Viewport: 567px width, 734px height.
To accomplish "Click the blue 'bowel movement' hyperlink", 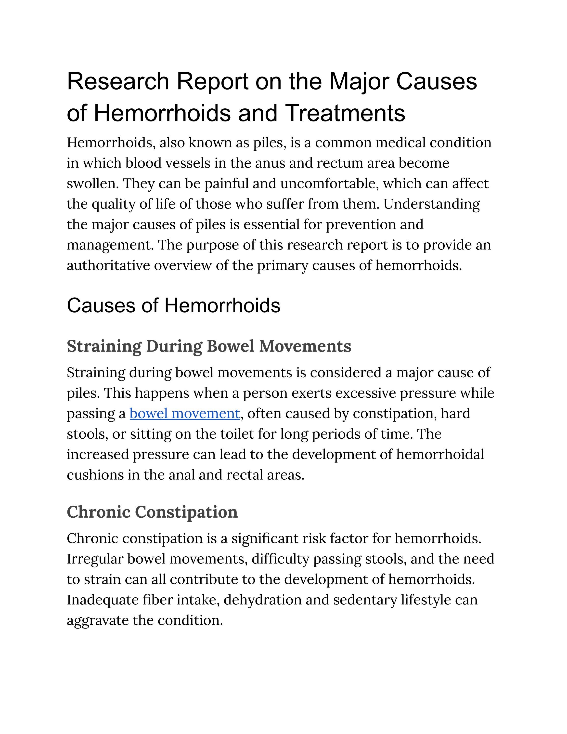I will [184, 414].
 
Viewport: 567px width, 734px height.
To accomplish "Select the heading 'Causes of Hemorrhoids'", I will [173, 305].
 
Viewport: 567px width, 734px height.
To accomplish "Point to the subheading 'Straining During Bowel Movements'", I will [209, 346].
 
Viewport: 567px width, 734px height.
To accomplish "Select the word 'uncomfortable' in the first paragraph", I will [329, 184].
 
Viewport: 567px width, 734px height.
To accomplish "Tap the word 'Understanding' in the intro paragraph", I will [432, 204].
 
